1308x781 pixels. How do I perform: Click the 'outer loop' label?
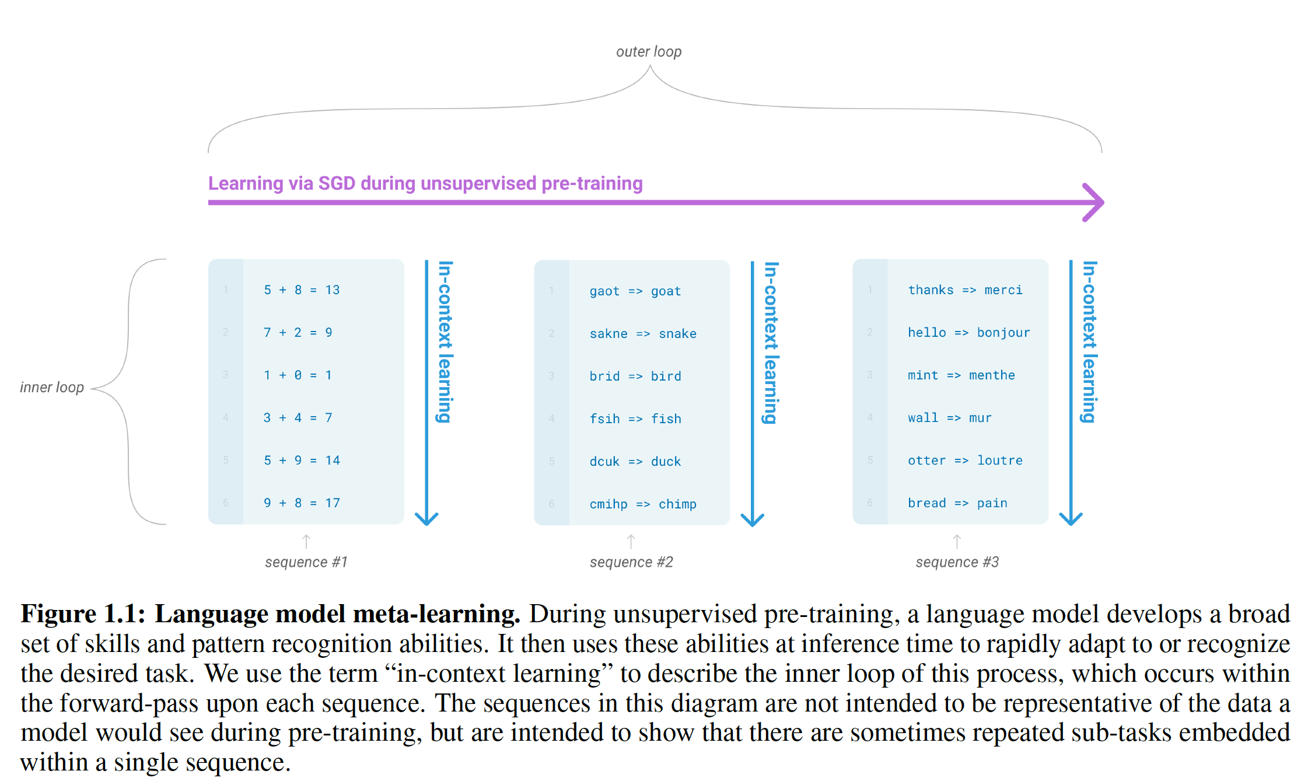(649, 52)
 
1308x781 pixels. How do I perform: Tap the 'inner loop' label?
(52, 388)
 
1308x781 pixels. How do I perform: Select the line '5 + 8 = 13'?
(302, 290)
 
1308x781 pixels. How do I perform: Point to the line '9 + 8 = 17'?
(302, 503)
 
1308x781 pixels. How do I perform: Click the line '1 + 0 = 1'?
(298, 375)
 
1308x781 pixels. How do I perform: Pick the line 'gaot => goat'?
(635, 291)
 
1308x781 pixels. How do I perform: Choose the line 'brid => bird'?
(635, 376)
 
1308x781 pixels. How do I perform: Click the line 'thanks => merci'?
(965, 290)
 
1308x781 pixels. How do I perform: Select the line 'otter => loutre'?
(965, 461)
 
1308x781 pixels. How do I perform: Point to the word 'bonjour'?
(1003, 333)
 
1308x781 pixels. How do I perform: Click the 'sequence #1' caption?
(306, 562)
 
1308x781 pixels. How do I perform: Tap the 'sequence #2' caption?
(631, 562)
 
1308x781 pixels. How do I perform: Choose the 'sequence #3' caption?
(957, 562)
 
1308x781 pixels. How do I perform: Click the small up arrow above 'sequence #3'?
(957, 541)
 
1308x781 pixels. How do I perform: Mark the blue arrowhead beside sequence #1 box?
(426, 518)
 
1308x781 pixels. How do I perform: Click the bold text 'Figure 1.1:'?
(82, 614)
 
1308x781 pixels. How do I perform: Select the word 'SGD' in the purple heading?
(337, 184)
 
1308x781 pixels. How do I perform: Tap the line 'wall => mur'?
(949, 418)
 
